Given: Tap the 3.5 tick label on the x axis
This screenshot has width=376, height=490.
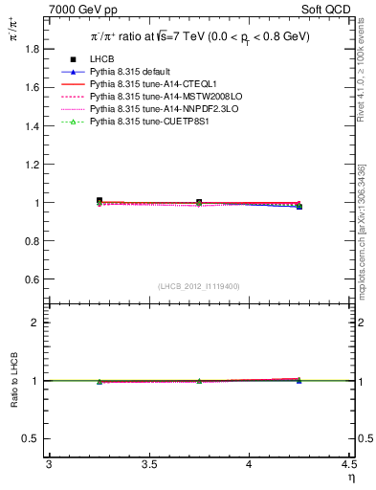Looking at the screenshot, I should pyautogui.click(x=149, y=466).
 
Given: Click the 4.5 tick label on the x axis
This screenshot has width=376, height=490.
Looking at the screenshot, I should pyautogui.click(x=349, y=466).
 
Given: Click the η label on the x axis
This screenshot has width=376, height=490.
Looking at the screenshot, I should pyautogui.click(x=349, y=478).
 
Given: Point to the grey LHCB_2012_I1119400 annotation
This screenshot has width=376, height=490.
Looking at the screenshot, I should pyautogui.click(x=198, y=286).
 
